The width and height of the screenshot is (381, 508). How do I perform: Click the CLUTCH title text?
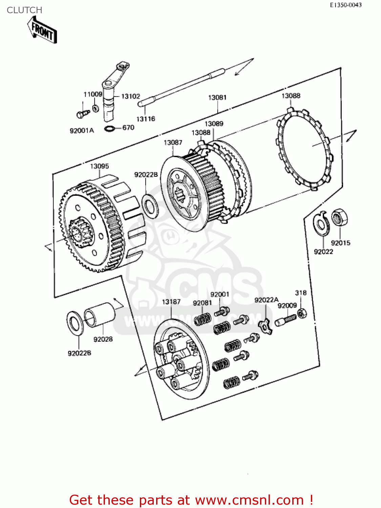[24, 10]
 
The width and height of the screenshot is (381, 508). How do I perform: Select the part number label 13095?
[99, 166]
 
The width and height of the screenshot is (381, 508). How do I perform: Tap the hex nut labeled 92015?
[339, 218]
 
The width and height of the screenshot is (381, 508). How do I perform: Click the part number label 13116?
[146, 119]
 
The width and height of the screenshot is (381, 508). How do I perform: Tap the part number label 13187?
[171, 302]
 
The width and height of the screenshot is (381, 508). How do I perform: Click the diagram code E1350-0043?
[346, 5]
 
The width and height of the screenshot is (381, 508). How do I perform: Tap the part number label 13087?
[173, 143]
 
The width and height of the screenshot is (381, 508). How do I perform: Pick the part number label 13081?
[217, 98]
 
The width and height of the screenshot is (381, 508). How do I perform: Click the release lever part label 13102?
[130, 97]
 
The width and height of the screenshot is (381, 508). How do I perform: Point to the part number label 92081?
[202, 303]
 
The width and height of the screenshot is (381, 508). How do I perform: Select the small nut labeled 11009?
[96, 108]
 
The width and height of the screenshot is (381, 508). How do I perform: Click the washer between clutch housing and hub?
[149, 206]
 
